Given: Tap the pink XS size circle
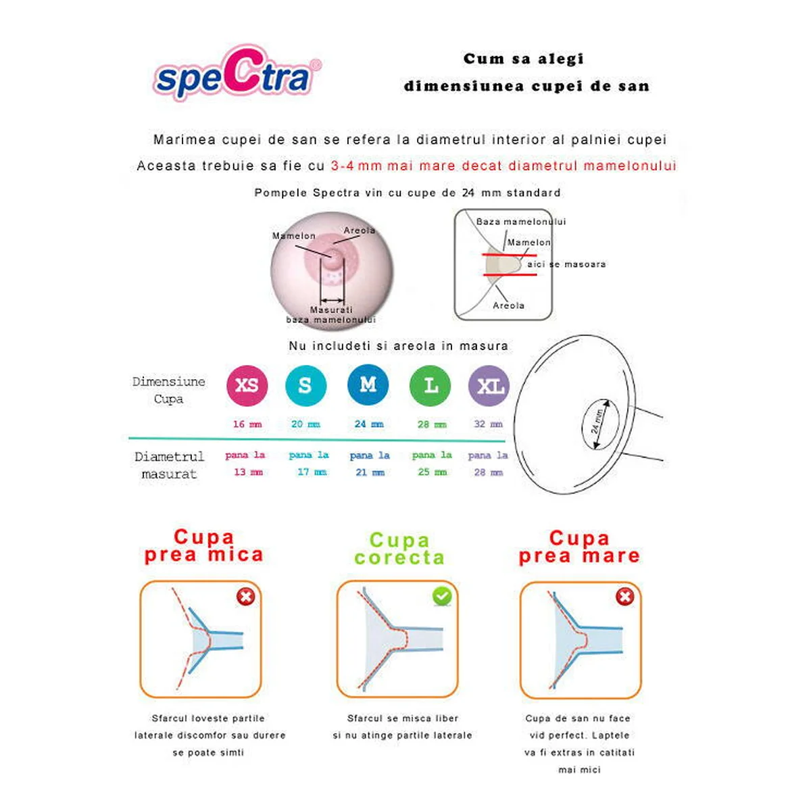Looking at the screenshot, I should (247, 385).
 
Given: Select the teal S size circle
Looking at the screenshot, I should (305, 385).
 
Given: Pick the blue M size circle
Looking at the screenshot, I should (368, 385).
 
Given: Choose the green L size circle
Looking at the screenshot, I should (431, 385).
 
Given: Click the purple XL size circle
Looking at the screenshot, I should (489, 386).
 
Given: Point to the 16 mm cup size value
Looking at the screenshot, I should (247, 424).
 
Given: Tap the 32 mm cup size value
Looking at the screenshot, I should (488, 424).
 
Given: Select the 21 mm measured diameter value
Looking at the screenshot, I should (370, 472).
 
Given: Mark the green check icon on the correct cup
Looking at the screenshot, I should (442, 596).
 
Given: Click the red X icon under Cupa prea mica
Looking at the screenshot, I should (246, 596).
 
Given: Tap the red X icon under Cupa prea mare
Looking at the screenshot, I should (625, 596).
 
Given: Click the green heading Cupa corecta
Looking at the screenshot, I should (399, 549).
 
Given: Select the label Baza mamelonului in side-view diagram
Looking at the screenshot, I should (520, 222).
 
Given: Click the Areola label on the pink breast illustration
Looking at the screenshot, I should (359, 230).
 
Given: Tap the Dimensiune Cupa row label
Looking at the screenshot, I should (168, 390).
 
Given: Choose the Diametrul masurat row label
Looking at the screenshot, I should (169, 465).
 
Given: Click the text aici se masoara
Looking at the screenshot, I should (566, 264).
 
